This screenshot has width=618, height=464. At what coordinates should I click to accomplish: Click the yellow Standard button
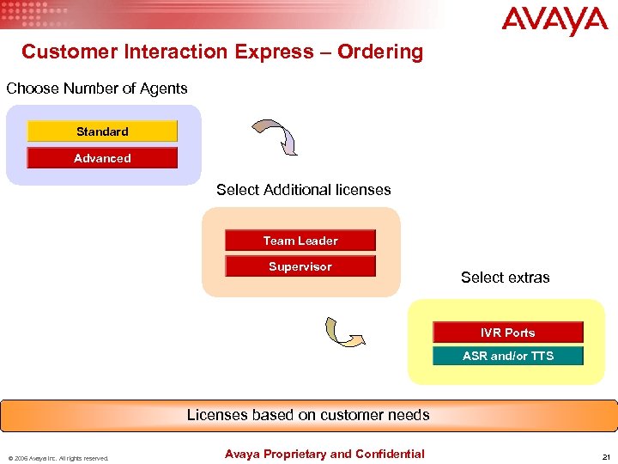pyautogui.click(x=102, y=131)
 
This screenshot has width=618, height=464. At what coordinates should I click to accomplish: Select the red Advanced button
pyautogui.click(x=102, y=158)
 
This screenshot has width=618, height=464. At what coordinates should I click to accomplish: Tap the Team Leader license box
pyautogui.click(x=300, y=241)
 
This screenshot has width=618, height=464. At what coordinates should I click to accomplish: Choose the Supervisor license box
pyautogui.click(x=300, y=266)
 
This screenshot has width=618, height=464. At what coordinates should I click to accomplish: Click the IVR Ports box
pyautogui.click(x=507, y=333)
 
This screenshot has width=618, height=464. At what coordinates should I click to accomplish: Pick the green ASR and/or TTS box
pyautogui.click(x=507, y=356)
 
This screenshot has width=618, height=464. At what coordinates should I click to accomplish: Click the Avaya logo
pyautogui.click(x=554, y=21)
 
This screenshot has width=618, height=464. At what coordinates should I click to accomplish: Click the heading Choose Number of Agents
pyautogui.click(x=97, y=89)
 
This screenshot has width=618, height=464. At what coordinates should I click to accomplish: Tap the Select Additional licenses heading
pyautogui.click(x=303, y=190)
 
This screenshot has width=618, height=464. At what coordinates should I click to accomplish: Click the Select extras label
pyautogui.click(x=505, y=277)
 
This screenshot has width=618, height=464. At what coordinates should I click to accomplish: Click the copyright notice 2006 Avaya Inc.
pyautogui.click(x=59, y=458)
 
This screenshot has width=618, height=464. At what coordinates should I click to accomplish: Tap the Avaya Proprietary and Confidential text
pyautogui.click(x=324, y=454)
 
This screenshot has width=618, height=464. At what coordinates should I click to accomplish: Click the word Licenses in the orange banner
pyautogui.click(x=217, y=415)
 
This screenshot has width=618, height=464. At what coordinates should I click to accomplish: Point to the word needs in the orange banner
pyautogui.click(x=409, y=415)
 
